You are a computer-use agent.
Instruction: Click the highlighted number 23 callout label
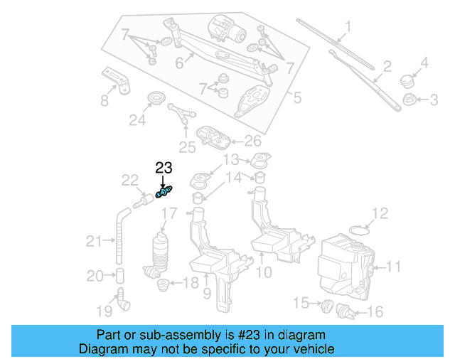tap(164, 168)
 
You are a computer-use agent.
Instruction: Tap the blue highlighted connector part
tap(164, 192)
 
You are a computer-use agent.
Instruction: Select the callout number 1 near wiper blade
tap(348, 29)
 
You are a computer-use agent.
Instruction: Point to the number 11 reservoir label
tap(394, 267)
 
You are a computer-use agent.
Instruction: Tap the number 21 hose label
tap(94, 242)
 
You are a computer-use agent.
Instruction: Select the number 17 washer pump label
tap(168, 213)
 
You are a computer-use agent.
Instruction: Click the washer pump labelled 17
tap(161, 252)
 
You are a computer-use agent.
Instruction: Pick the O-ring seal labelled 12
tap(361, 230)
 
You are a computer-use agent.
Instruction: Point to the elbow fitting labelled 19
tap(124, 302)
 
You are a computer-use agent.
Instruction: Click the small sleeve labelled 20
tap(121, 275)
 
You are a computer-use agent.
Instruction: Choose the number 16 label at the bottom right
tap(375, 311)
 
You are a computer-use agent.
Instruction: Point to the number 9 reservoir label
tap(207, 292)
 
